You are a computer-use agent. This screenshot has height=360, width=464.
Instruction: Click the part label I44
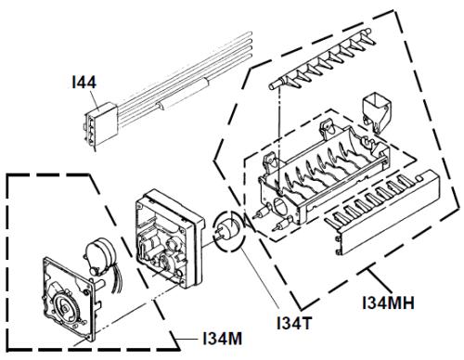84,83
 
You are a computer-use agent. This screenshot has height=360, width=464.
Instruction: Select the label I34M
223,339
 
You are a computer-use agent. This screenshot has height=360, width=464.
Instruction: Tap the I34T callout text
294,323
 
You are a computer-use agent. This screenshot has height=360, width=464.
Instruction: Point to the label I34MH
388,302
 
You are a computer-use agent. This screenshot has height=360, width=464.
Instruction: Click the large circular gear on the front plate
64,308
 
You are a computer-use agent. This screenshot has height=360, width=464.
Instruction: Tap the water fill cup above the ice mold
377,112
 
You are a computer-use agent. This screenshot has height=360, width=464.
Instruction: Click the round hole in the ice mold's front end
279,206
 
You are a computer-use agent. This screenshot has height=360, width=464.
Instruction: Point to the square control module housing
169,238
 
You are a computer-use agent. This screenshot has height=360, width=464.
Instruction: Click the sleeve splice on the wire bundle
183,94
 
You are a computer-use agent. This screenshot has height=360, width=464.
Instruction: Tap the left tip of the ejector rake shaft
270,86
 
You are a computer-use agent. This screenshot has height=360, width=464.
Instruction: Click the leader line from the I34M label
187,339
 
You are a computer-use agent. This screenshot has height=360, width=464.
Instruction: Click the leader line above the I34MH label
378,281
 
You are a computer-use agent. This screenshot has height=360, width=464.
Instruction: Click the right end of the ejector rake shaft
367,31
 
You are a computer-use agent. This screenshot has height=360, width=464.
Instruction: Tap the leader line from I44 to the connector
96,100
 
